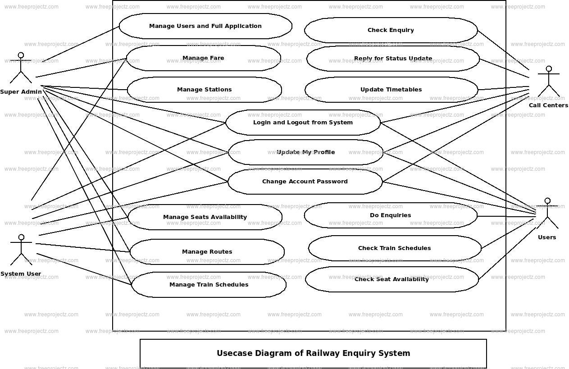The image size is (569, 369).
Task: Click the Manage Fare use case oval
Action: (203, 58)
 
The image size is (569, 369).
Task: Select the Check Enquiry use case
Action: (391, 30)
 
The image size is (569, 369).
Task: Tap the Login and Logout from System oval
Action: (303, 123)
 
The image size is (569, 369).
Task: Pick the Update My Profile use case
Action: (305, 152)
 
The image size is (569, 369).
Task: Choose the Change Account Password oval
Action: (305, 182)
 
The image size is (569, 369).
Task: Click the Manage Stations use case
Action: (204, 90)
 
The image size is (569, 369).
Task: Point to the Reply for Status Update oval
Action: (393, 59)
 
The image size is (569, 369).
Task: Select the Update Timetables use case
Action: (391, 90)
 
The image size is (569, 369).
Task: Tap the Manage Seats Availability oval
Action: (205, 217)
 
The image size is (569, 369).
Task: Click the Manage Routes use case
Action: (207, 252)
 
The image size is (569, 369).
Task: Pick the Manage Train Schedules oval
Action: (209, 285)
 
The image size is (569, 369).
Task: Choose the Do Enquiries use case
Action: (390, 215)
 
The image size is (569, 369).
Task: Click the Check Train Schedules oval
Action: (394, 248)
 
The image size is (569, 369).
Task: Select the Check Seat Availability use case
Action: (391, 279)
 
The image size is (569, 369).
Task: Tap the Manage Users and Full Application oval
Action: (205, 26)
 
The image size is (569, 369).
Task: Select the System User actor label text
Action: (21, 274)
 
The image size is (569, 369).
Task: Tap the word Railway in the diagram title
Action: (323, 353)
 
